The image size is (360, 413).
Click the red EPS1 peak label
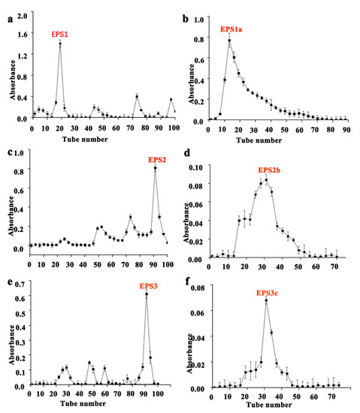tap(59, 35)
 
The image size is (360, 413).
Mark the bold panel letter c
tap(8, 152)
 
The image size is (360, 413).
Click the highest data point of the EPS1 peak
tap(60, 44)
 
